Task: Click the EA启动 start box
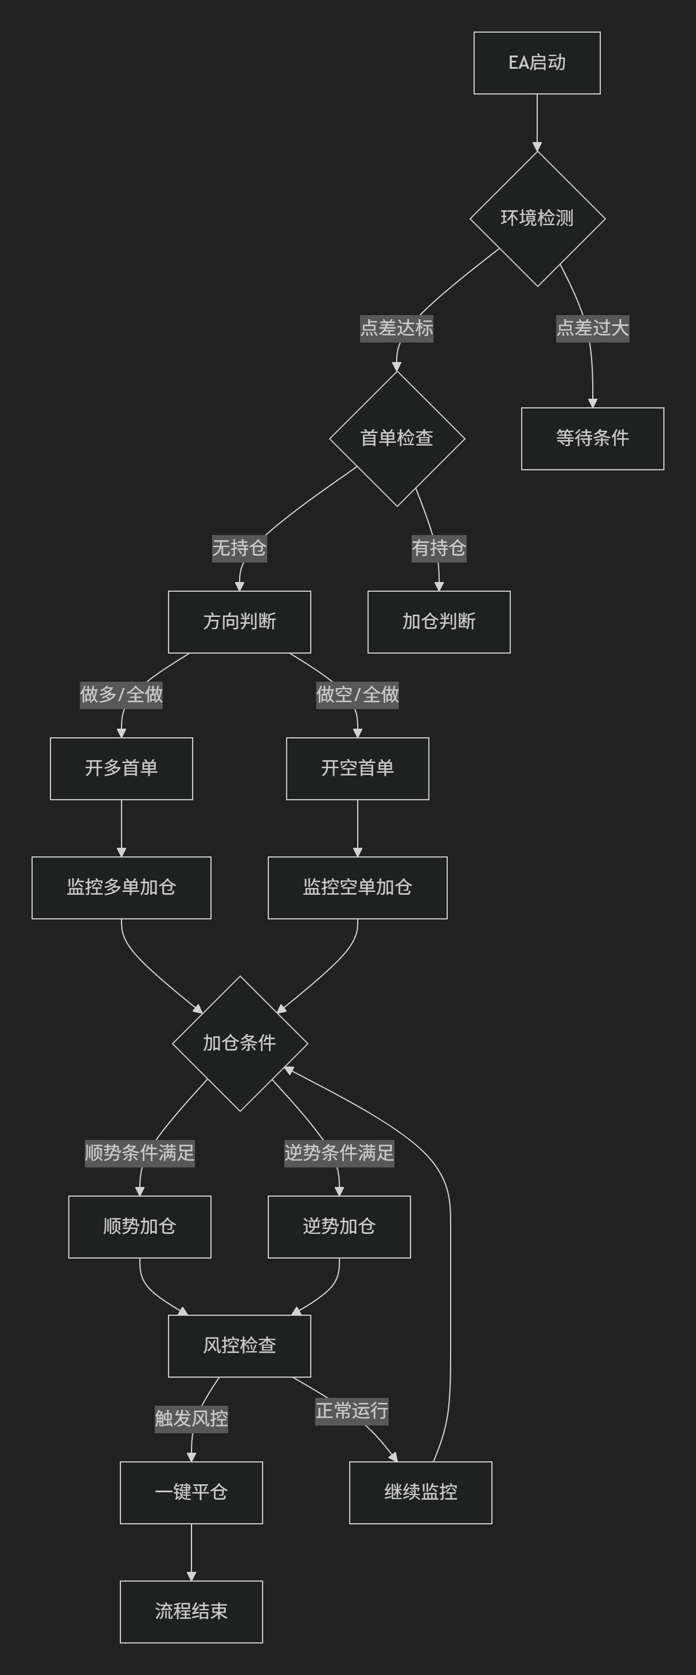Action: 537,63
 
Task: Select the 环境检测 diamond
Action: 537,218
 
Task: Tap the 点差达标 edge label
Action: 397,328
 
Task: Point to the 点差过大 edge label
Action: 592,328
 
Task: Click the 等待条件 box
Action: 592,438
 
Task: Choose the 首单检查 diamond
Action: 397,438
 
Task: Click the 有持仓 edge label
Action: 439,548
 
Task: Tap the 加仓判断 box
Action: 439,622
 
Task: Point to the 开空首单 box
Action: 357,769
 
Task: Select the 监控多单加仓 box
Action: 121,887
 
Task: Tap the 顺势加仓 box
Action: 140,1226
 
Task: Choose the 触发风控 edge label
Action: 191,1418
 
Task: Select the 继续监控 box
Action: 420,1492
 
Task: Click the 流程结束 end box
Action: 191,1611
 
